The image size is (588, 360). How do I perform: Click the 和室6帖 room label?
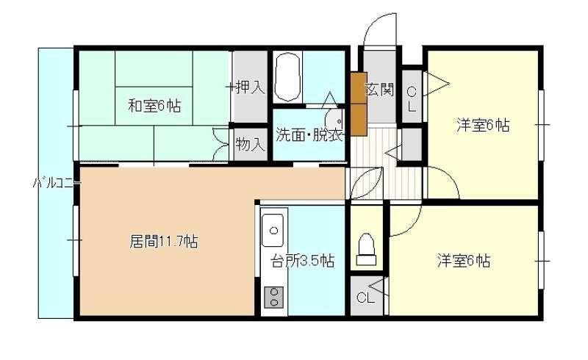[154, 105]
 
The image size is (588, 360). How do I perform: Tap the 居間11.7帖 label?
[164, 241]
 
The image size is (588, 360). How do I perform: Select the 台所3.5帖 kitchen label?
[303, 261]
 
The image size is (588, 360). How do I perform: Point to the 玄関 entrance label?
[379, 89]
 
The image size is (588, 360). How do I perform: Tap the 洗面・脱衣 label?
[309, 134]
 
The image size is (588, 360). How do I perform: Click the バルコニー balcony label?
[57, 184]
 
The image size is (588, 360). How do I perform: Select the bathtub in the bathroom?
[287, 77]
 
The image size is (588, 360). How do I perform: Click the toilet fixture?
[366, 249]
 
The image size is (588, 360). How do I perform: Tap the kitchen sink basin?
[273, 230]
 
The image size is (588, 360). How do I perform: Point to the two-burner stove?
[274, 297]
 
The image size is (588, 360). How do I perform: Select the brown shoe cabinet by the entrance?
[359, 104]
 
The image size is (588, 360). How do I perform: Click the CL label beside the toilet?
[365, 298]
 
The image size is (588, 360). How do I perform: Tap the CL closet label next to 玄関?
[412, 99]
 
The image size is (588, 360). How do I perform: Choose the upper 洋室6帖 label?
[484, 125]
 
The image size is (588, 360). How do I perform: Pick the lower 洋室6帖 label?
[464, 260]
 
